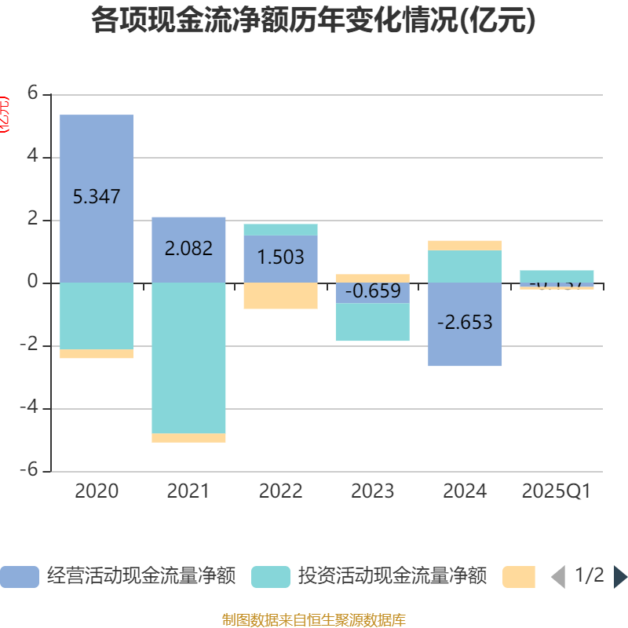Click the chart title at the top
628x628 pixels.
click(313, 20)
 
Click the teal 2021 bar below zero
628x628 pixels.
click(188, 358)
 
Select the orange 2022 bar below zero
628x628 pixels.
click(280, 296)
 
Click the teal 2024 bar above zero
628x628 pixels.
click(465, 266)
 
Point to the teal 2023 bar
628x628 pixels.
click(373, 322)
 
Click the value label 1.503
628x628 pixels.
click(280, 257)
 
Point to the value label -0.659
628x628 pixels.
click(373, 291)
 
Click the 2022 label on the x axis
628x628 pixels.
click(280, 491)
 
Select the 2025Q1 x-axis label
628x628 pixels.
click(556, 491)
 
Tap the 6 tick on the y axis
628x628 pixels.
click(32, 93)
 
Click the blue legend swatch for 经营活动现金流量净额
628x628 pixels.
click(19, 577)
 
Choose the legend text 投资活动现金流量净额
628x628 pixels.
click(392, 577)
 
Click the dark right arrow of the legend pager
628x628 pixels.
click(620, 577)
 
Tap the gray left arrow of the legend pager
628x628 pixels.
click(558, 577)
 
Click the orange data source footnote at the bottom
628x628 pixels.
click(313, 620)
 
